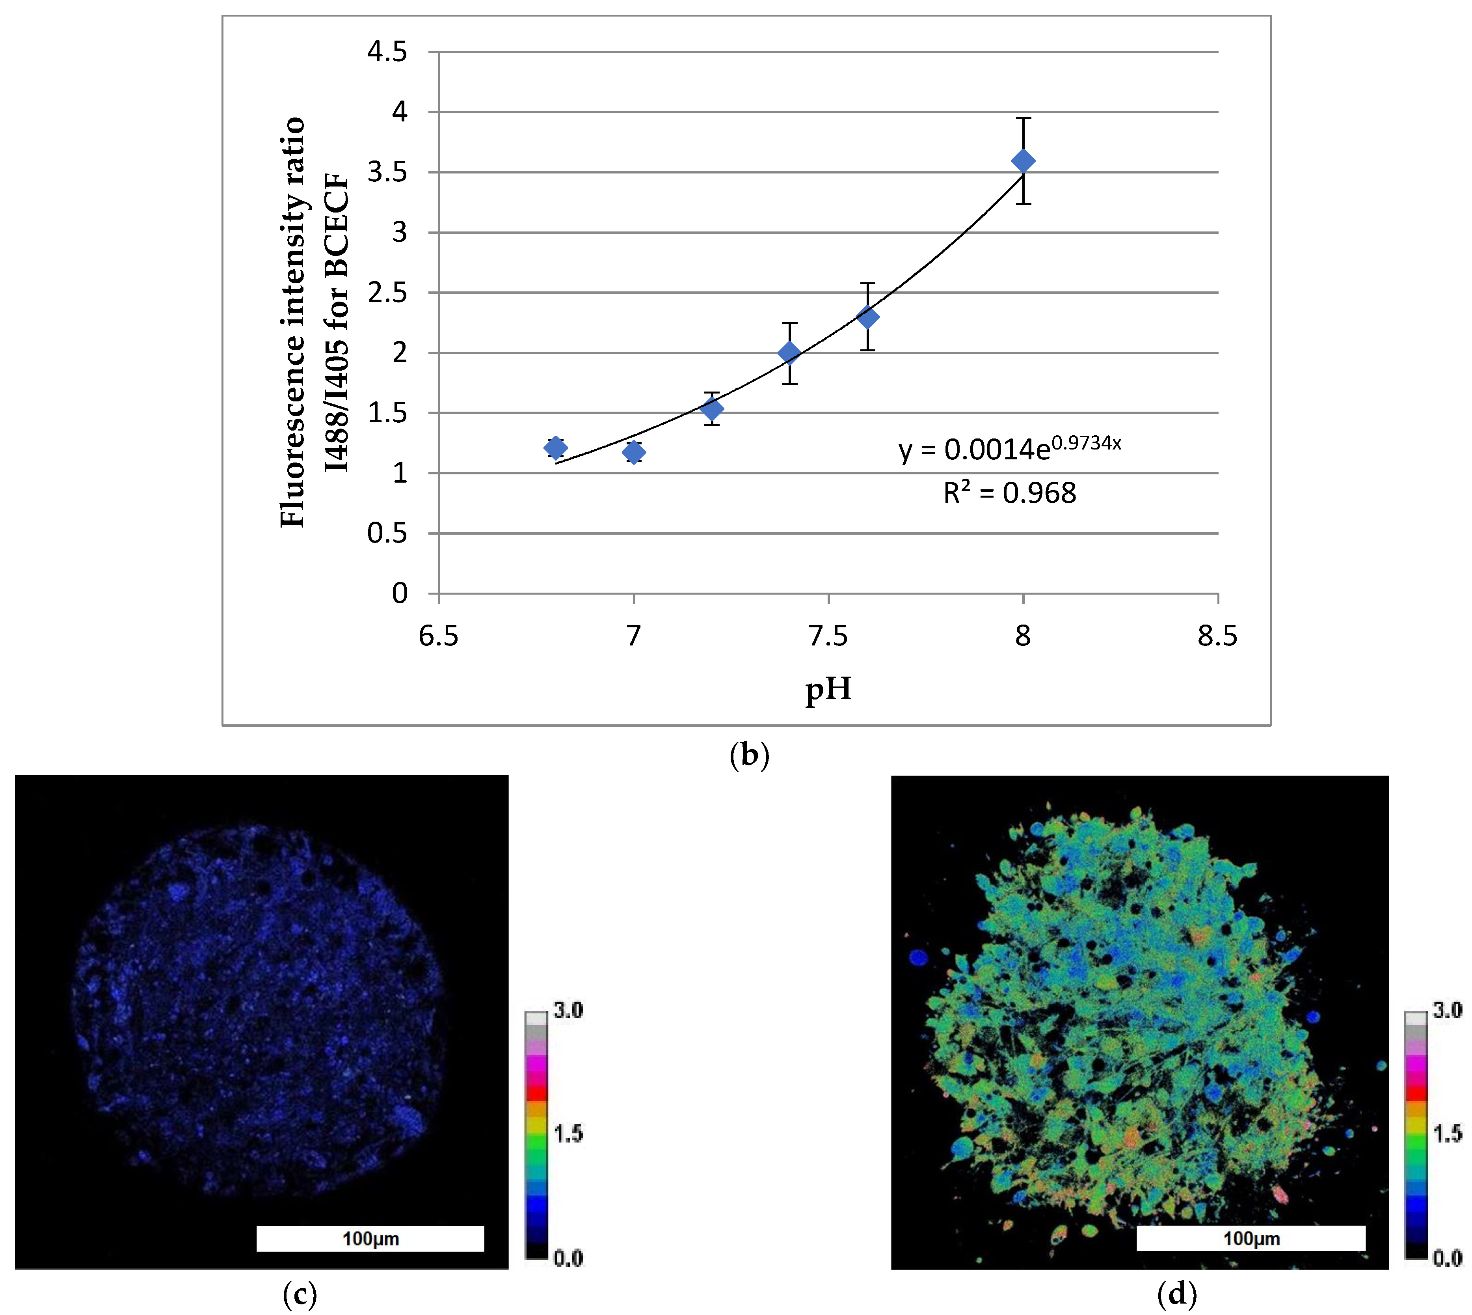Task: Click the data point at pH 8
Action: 1023,161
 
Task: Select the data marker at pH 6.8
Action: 555,448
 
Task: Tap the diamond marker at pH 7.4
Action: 789,353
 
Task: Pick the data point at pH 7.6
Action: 867,317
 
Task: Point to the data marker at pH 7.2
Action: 712,410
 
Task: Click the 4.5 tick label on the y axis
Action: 387,52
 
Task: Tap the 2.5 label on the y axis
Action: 387,293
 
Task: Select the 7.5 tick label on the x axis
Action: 828,636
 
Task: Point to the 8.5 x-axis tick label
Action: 1218,636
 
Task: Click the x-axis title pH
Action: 828,688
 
